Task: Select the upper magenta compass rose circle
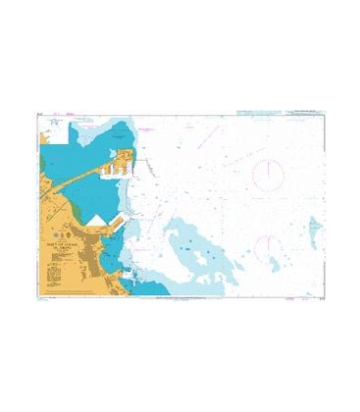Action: [x=268, y=174]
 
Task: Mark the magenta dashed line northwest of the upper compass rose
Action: [x=231, y=159]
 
